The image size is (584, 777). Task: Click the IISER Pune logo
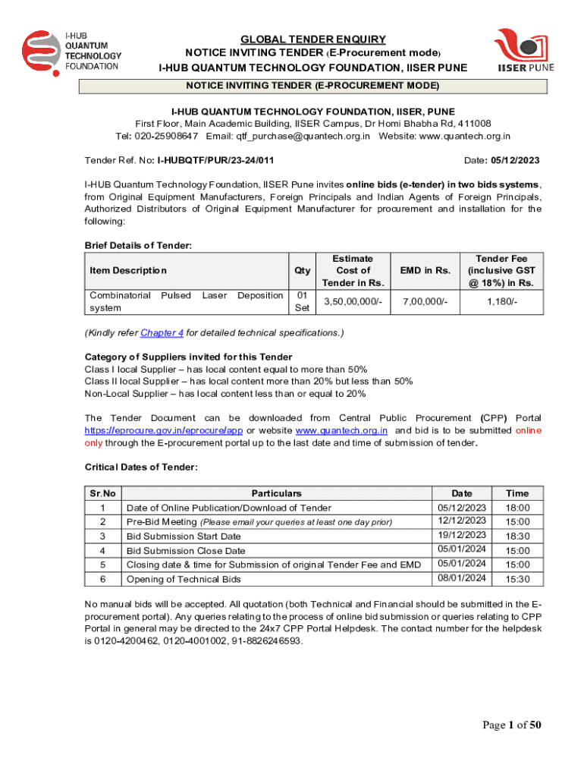click(x=524, y=50)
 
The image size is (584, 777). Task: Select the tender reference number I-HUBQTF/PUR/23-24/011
click(x=215, y=161)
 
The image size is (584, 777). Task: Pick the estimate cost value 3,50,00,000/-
click(x=353, y=302)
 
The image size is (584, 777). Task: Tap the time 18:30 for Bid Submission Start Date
click(x=518, y=536)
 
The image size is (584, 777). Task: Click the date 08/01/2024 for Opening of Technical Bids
click(x=462, y=578)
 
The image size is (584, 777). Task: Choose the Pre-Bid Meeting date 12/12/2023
click(x=462, y=521)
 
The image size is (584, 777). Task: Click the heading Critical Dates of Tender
click(x=141, y=467)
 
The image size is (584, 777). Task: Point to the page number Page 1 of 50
click(x=512, y=725)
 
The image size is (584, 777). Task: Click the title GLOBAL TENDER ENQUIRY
click(x=313, y=39)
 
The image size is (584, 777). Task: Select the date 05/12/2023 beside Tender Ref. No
click(x=514, y=161)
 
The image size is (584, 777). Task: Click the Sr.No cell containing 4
click(x=102, y=550)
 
